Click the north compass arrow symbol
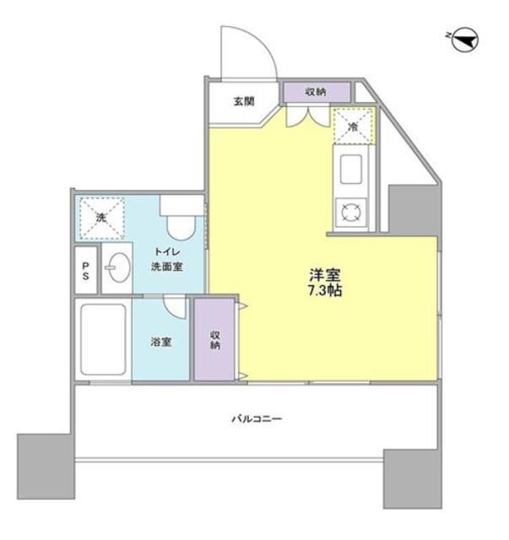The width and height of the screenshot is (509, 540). [466, 40]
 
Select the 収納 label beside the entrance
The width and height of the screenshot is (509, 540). [316, 90]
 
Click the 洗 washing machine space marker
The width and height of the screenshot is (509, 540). [102, 217]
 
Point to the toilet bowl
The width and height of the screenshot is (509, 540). [178, 225]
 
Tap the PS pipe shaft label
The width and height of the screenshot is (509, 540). [86, 271]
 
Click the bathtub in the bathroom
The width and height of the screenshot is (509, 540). [103, 340]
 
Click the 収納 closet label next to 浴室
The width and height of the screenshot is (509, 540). [215, 339]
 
